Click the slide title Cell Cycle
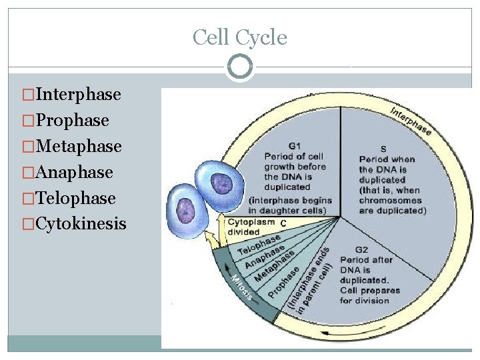click(240, 37)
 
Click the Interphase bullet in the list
click(79, 94)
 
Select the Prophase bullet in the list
click(73, 120)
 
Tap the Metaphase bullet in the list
click(79, 146)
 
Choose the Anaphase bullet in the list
click(74, 172)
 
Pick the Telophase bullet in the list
click(75, 198)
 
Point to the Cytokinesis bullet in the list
click(81, 224)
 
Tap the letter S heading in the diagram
click(383, 149)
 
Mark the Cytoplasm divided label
click(251, 227)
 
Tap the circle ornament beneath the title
click(240, 67)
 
